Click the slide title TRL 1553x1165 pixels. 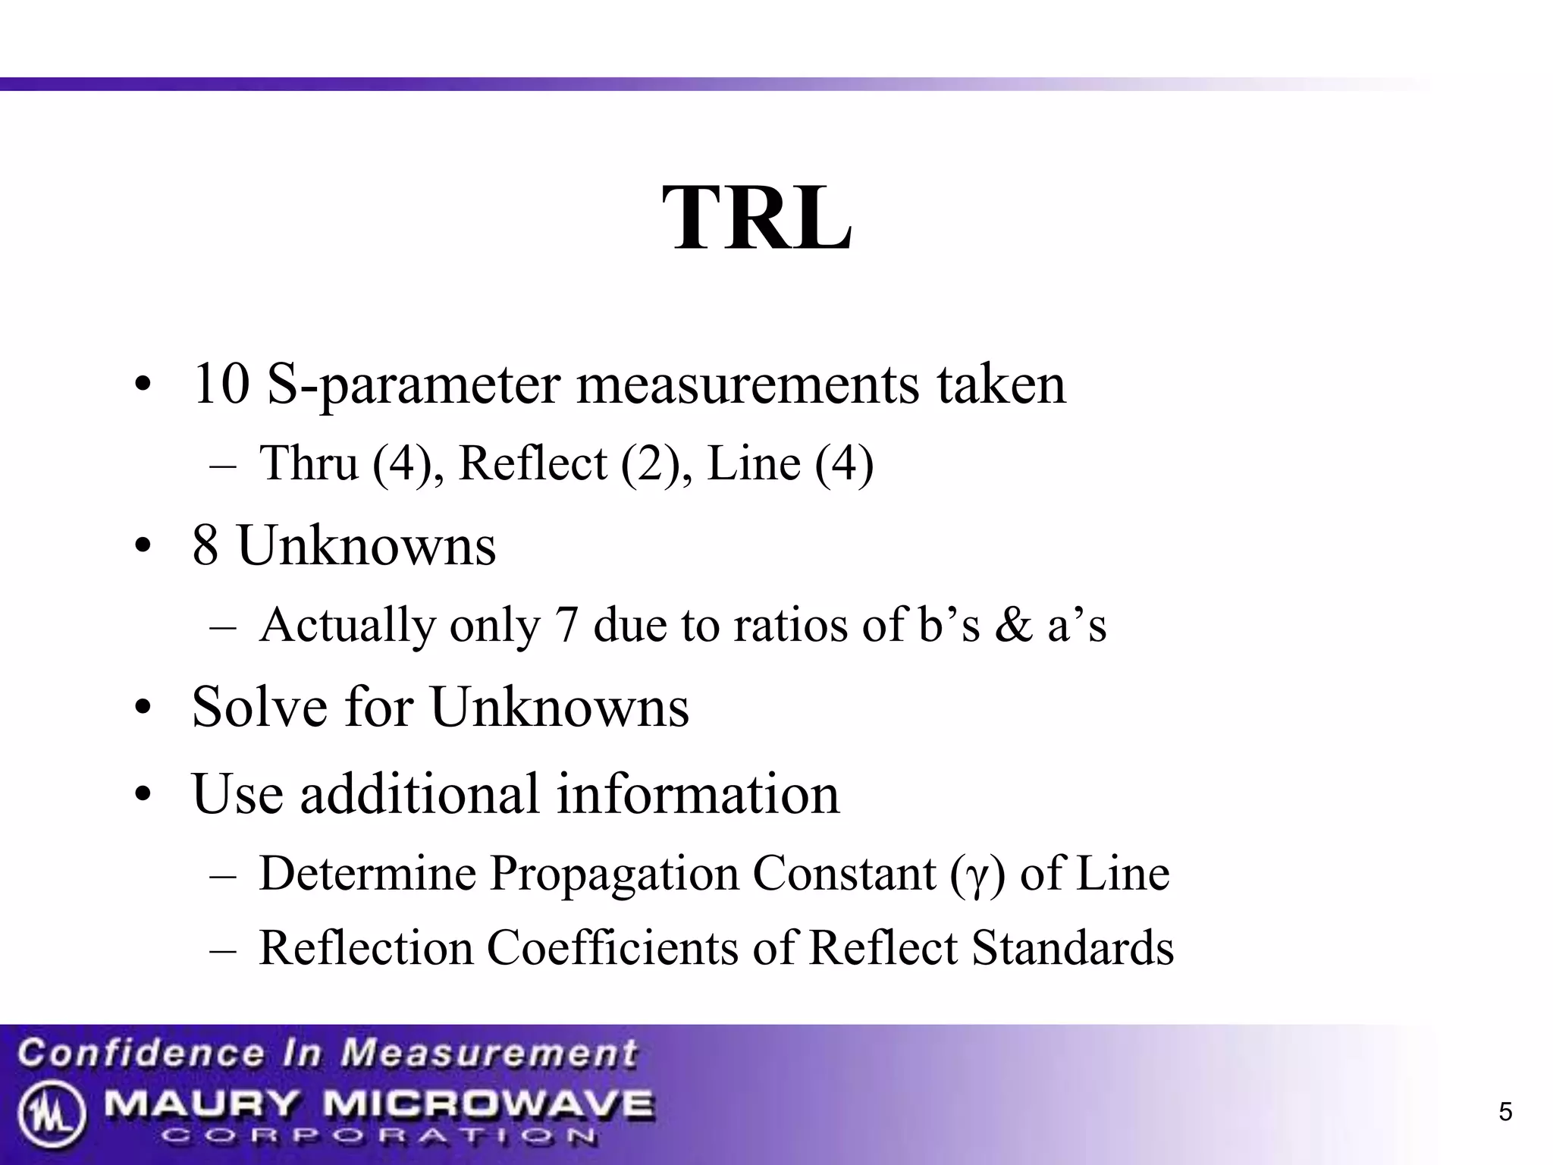pos(757,218)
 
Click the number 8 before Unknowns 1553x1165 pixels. pos(205,545)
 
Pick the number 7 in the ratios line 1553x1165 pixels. pos(566,626)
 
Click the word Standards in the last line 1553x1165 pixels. pos(1072,948)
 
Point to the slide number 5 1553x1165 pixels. pos(1505,1113)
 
